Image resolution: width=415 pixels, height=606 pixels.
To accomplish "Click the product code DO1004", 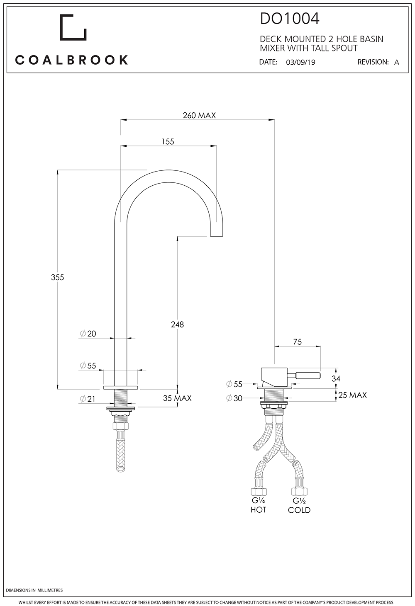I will tap(290, 19).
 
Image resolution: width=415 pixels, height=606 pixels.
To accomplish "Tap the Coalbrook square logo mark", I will tap(73, 28).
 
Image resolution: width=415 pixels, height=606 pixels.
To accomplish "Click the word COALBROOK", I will tap(71, 60).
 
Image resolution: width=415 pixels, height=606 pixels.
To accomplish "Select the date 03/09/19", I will tap(300, 63).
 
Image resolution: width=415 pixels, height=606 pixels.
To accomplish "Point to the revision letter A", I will tap(396, 63).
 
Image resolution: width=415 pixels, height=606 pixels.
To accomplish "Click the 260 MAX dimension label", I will tap(199, 116).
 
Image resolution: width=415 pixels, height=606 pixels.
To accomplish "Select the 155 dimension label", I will tap(167, 142).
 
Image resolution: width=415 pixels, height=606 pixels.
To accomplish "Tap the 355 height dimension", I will tap(57, 277).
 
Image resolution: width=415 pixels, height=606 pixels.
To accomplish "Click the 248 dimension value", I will tap(177, 325).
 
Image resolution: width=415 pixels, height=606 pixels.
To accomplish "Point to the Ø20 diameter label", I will tap(88, 334).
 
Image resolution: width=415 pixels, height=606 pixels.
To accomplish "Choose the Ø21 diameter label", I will tap(88, 399).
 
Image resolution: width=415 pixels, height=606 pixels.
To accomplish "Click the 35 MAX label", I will tap(177, 398).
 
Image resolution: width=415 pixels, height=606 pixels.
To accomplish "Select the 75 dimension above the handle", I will tap(297, 342).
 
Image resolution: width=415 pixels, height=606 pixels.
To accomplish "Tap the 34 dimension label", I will tap(336, 378).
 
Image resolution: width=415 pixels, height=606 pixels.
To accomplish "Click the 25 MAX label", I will tap(352, 395).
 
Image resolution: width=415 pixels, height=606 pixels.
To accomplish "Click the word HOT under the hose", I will tap(258, 510).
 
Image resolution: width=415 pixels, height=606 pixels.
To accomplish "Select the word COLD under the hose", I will tap(299, 510).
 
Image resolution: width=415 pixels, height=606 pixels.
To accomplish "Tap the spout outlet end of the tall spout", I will tap(217, 234).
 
